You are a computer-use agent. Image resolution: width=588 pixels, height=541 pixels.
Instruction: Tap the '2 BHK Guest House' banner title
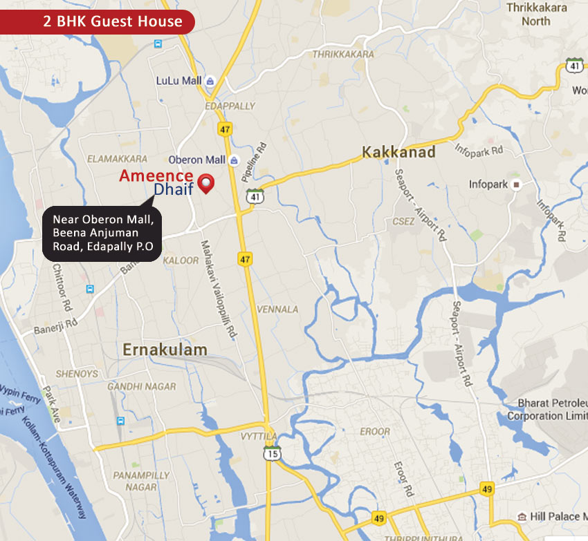click(113, 21)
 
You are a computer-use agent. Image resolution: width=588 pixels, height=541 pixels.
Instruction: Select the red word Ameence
click(156, 175)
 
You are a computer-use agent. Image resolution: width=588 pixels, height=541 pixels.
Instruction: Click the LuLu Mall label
click(178, 81)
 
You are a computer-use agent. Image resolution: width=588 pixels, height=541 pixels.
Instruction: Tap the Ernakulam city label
click(165, 350)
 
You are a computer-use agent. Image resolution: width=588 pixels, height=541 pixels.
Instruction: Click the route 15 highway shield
click(271, 453)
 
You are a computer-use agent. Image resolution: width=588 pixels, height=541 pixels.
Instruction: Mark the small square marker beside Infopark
click(515, 184)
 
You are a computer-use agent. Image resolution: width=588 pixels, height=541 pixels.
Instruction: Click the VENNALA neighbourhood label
click(277, 309)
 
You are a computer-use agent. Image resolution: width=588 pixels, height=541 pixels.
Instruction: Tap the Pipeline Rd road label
click(253, 162)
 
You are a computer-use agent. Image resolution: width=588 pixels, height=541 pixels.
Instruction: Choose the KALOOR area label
click(181, 260)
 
